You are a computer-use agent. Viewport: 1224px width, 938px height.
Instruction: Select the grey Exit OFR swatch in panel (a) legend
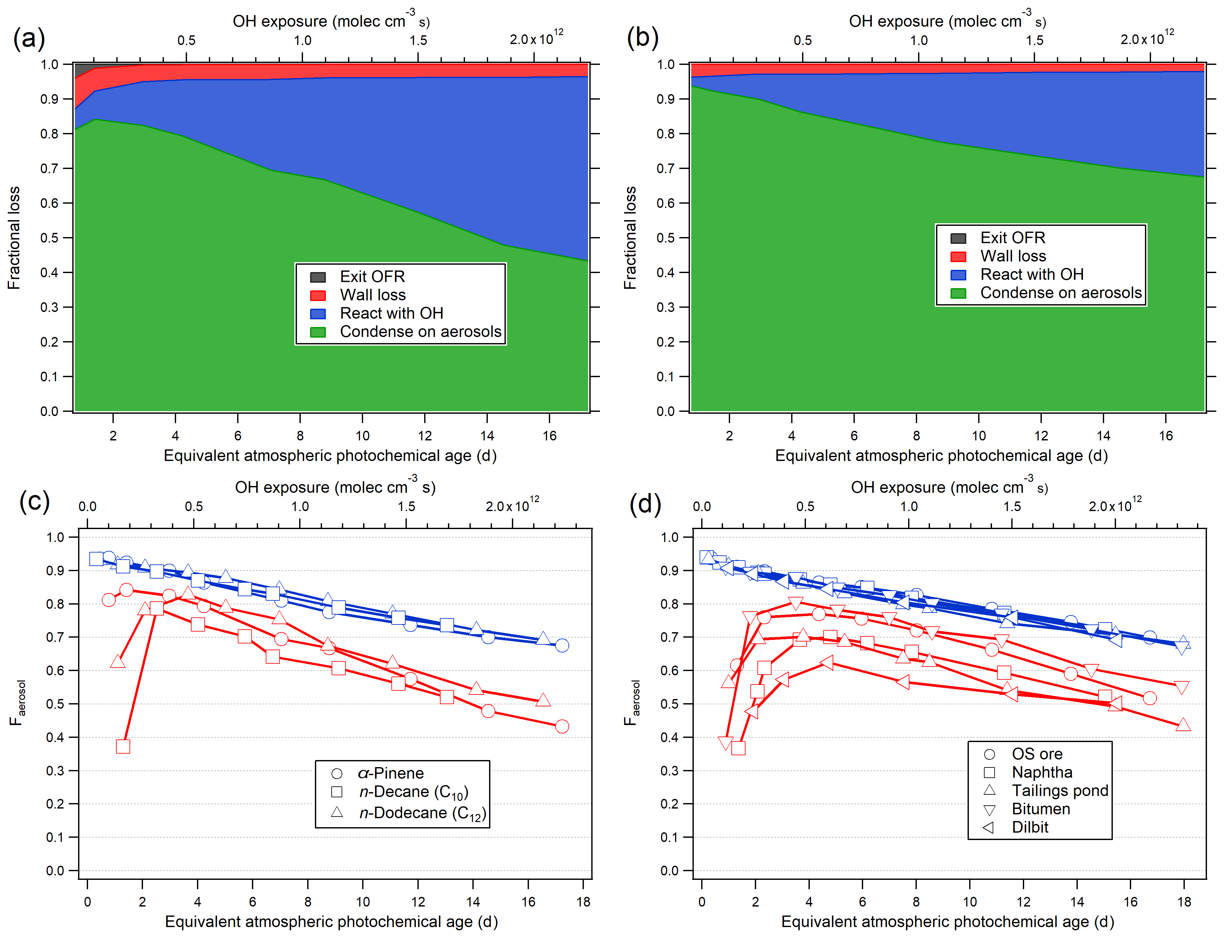click(318, 277)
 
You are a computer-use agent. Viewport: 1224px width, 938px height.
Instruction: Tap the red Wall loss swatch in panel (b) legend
click(958, 256)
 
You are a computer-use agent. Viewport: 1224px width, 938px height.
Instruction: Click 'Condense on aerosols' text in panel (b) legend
click(1061, 293)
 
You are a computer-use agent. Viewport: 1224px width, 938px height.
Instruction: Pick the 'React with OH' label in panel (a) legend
click(391, 313)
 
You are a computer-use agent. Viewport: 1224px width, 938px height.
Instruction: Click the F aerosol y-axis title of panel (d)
click(631, 703)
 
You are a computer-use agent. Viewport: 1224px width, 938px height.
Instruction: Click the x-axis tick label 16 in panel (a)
click(549, 436)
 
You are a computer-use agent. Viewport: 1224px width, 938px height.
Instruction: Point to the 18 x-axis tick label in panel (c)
click(583, 902)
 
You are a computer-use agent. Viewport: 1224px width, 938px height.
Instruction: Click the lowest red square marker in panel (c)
click(123, 747)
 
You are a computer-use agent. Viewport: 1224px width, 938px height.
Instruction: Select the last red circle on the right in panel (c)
click(562, 726)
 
